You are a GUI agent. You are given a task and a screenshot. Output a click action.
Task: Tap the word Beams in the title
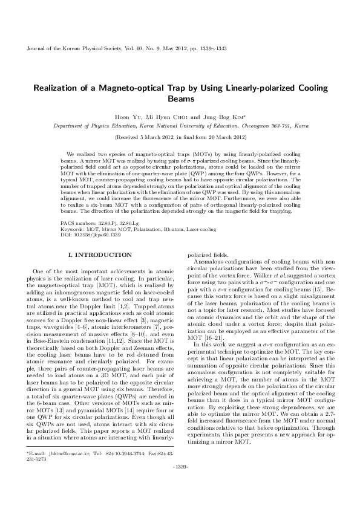[180, 99]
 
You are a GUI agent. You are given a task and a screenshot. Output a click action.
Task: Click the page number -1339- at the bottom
[180, 484]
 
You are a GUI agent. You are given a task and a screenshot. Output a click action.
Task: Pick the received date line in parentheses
[180, 137]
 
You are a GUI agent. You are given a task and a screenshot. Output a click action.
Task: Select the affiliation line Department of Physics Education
[180, 126]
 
